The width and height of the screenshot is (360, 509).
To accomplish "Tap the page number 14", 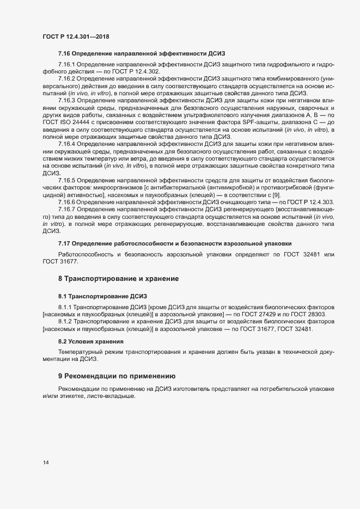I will (x=46, y=463).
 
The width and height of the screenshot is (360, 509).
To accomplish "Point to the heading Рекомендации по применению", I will (x=120, y=376).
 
